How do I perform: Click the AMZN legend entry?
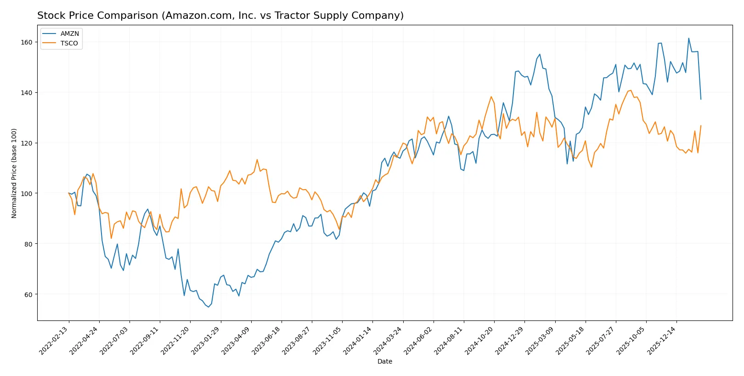[69, 34]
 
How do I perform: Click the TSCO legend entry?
[69, 43]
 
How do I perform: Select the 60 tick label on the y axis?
[28, 295]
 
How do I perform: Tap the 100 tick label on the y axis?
[27, 194]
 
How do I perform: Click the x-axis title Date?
[384, 362]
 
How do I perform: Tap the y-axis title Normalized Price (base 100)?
[14, 173]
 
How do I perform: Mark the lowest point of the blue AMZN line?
[209, 307]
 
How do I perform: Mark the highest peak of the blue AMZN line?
[688, 39]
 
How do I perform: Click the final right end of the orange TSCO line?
[701, 126]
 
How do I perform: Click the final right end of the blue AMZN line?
[701, 99]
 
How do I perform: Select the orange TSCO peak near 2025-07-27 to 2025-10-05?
[631, 90]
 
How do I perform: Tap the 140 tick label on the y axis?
[27, 93]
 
